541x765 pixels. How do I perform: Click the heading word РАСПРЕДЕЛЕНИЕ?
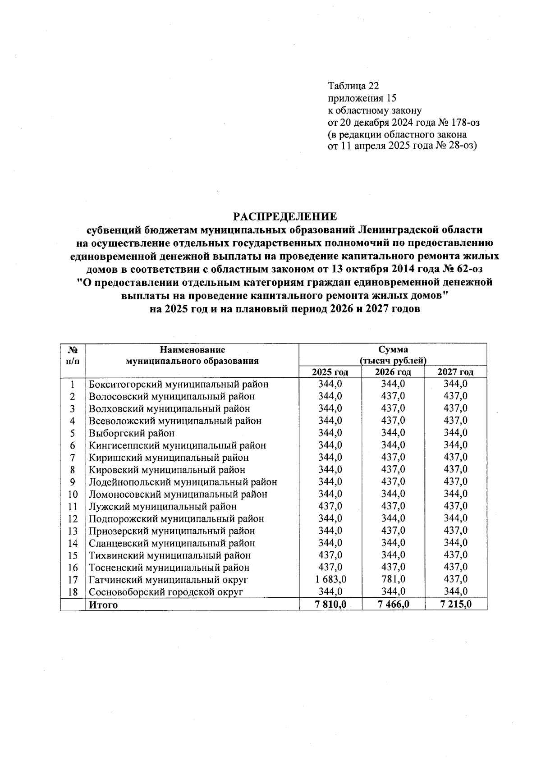284,216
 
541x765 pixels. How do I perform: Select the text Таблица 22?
353,86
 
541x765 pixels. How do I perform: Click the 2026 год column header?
393,372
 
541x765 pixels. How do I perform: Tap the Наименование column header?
192,349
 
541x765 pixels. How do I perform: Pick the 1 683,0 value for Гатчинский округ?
330,579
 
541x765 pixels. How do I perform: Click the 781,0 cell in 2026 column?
393,579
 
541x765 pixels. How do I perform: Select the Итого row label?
103,605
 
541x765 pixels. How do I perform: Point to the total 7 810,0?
330,605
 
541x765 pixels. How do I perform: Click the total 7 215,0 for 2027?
456,605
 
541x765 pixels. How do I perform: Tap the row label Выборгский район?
132,433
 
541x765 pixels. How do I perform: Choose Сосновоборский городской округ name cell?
166,592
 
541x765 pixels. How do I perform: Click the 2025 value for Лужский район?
330,506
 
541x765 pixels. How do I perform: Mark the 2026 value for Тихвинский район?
393,555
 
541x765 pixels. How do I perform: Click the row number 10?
73,495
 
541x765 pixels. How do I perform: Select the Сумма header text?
393,349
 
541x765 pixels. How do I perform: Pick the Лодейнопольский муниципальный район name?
183,482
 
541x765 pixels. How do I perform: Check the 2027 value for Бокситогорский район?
456,384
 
